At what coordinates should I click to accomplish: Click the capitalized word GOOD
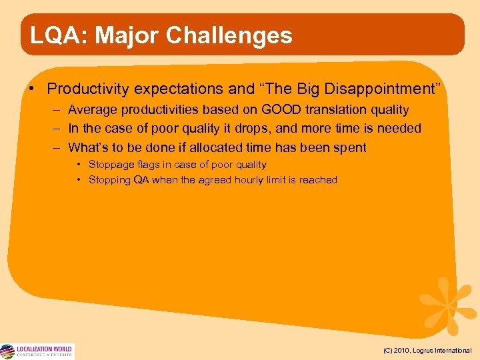pyautogui.click(x=278, y=109)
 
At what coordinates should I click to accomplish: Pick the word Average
pyautogui.click(x=94, y=109)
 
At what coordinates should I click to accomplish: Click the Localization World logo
pyautogui.click(x=37, y=351)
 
